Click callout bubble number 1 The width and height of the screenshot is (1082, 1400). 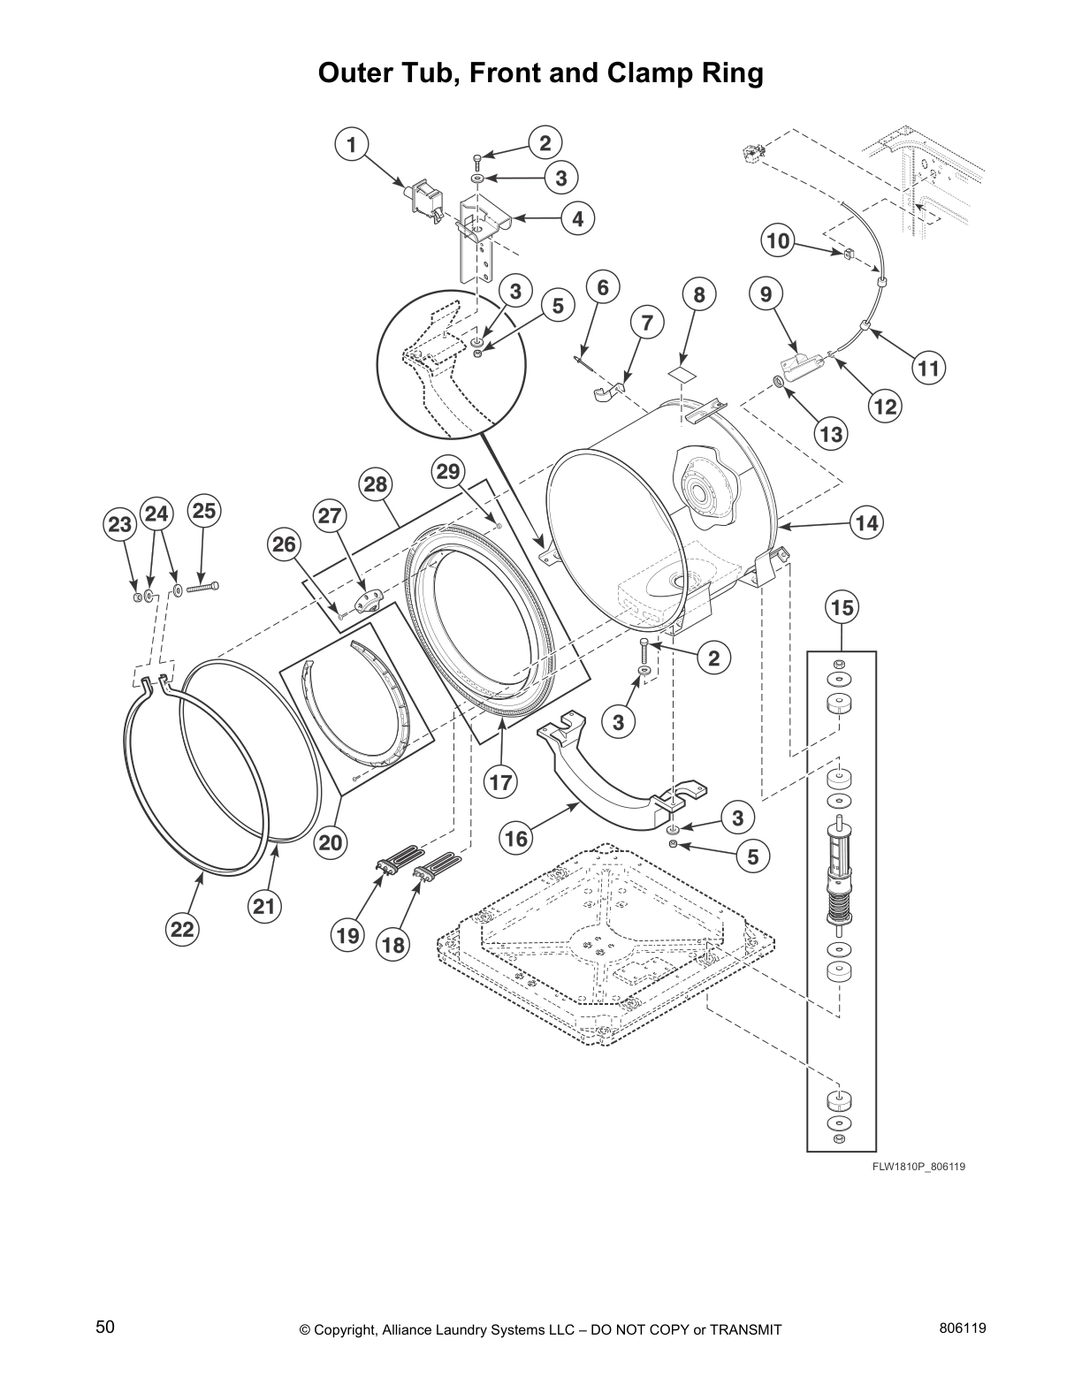click(351, 144)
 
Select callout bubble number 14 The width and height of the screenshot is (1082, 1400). click(866, 523)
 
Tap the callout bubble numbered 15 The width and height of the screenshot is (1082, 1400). click(842, 607)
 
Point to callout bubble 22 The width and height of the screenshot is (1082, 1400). click(181, 929)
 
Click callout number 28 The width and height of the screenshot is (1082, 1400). click(375, 484)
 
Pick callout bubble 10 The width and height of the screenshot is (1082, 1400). click(778, 240)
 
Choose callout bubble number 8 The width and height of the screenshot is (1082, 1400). click(698, 295)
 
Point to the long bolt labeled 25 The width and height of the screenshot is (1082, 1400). click(203, 586)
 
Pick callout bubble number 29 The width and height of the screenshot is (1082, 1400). click(448, 472)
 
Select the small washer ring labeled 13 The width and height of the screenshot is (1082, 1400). click(779, 380)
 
